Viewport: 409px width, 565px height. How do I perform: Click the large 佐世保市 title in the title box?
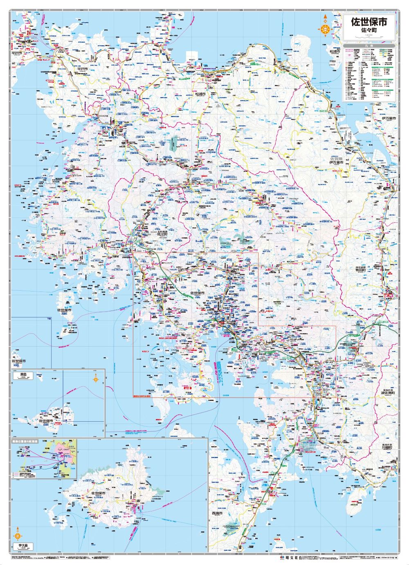coord(369,21)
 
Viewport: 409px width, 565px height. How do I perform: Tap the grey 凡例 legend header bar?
coord(369,45)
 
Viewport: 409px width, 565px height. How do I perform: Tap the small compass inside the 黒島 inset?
coord(96,379)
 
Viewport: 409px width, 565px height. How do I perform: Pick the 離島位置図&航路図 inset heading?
coord(27,442)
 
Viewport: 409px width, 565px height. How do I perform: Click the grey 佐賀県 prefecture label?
coord(336,158)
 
